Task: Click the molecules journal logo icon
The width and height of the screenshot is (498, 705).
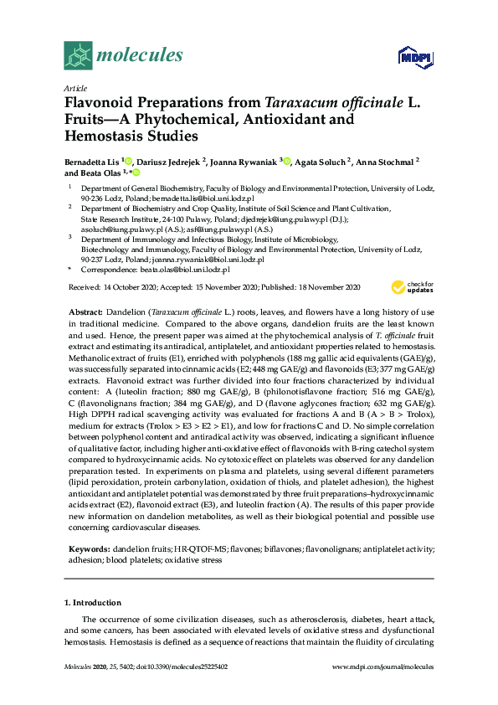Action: pyautogui.click(x=78, y=56)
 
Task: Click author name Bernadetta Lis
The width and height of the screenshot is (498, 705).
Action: pyautogui.click(x=92, y=160)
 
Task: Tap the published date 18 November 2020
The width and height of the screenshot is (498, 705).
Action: pyautogui.click(x=331, y=286)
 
